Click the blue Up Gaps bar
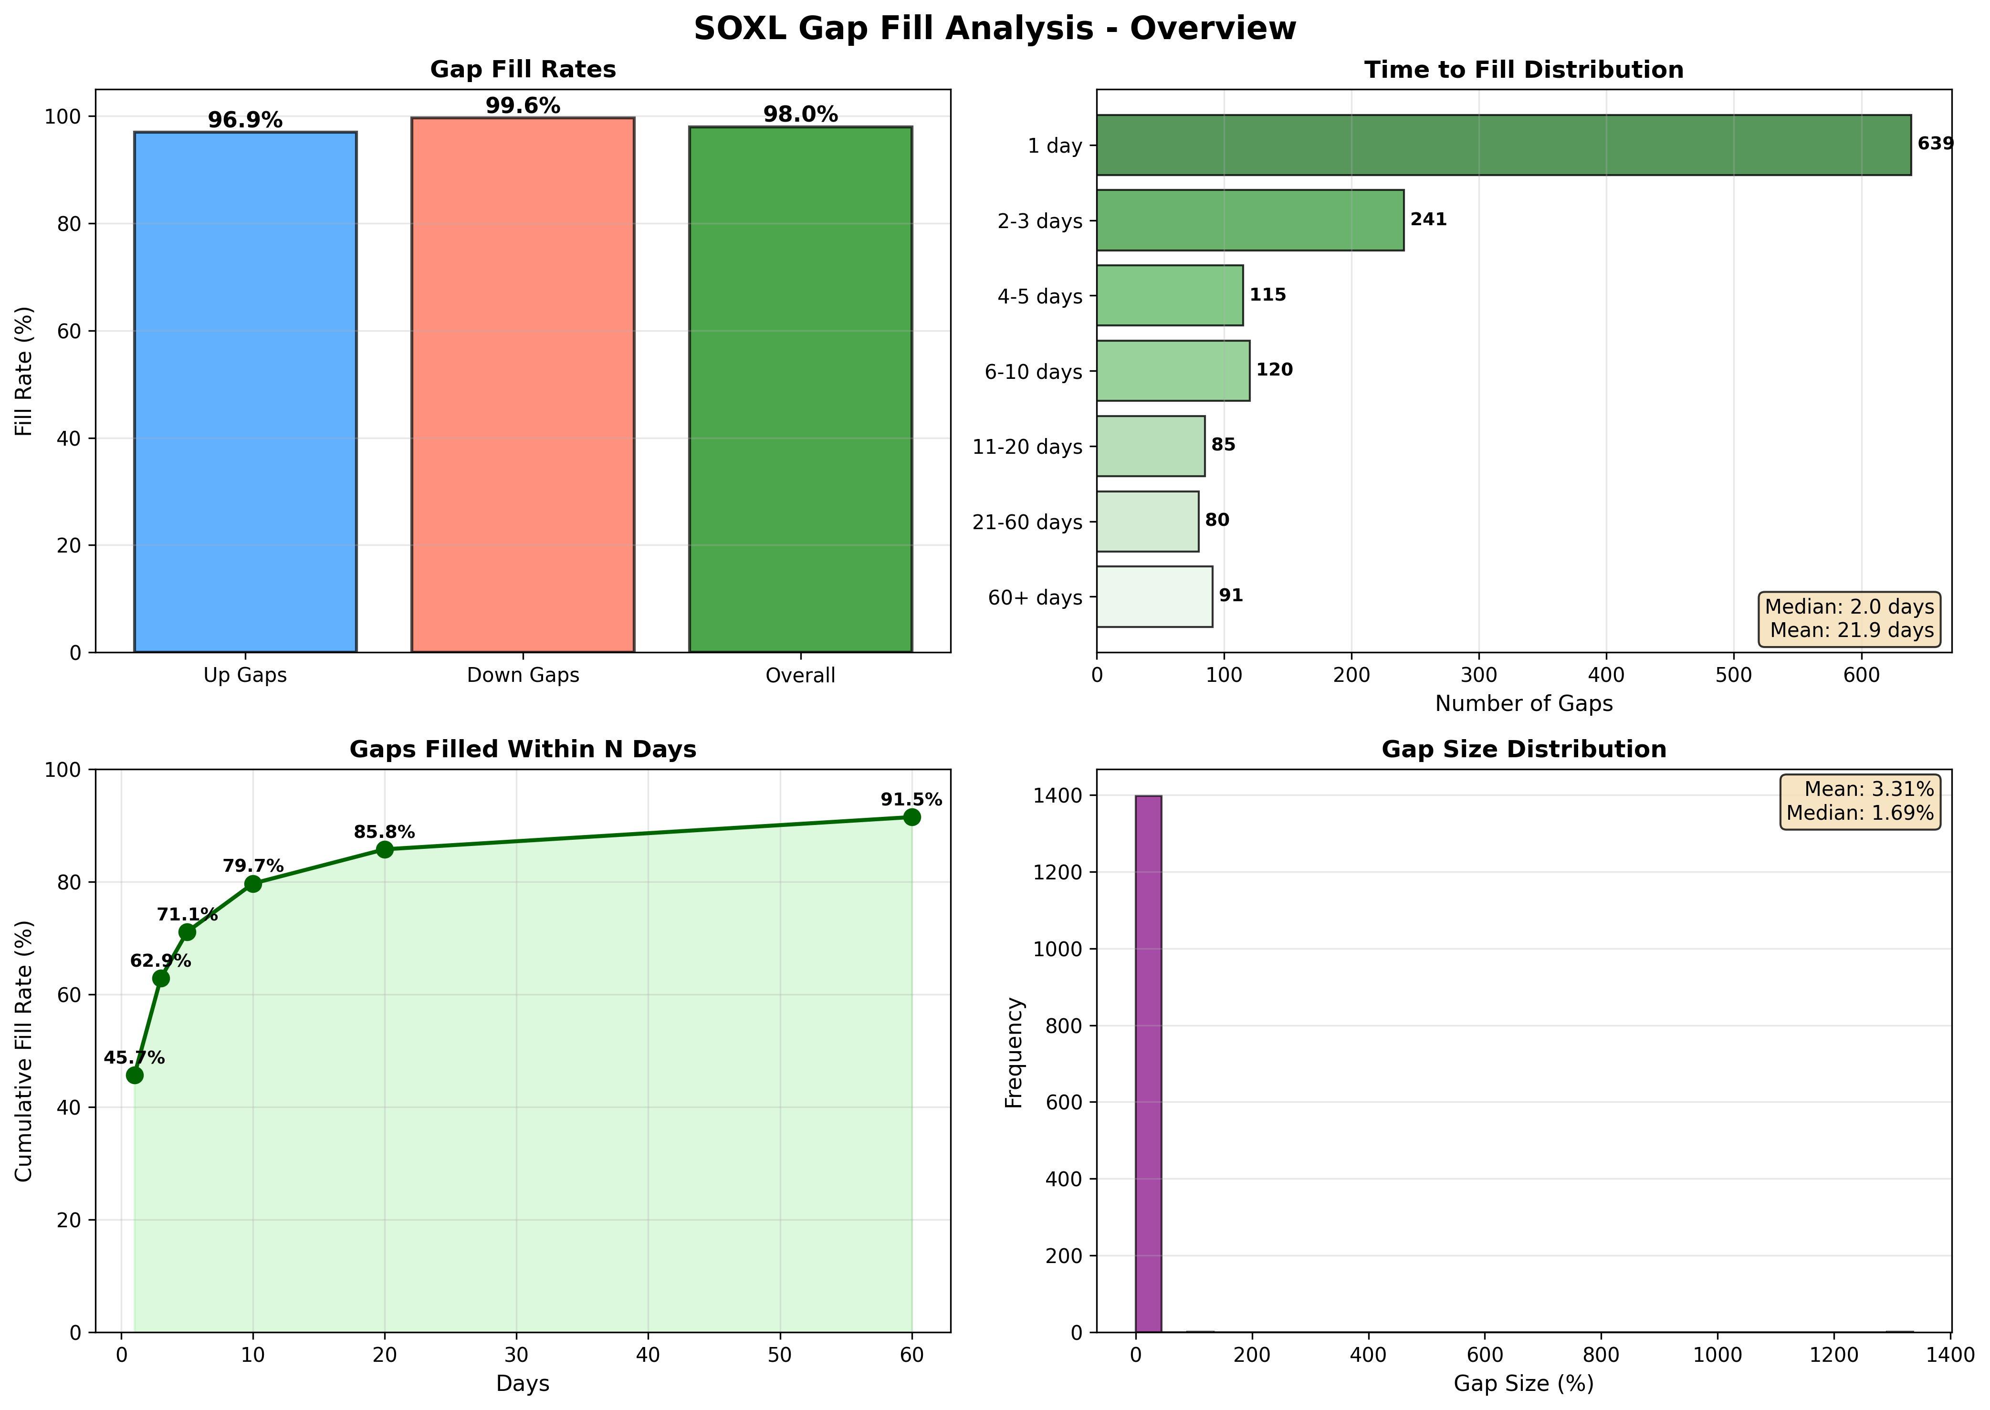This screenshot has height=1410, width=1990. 245,391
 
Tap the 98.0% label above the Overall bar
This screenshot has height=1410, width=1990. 800,115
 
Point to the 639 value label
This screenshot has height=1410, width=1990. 1935,143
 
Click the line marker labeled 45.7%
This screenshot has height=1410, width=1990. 135,1075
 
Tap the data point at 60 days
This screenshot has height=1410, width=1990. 911,817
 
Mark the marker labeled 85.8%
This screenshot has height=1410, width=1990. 385,849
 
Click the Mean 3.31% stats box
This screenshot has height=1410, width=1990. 1859,801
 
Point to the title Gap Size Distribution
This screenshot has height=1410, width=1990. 1524,749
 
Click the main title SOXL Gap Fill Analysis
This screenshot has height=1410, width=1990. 995,29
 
